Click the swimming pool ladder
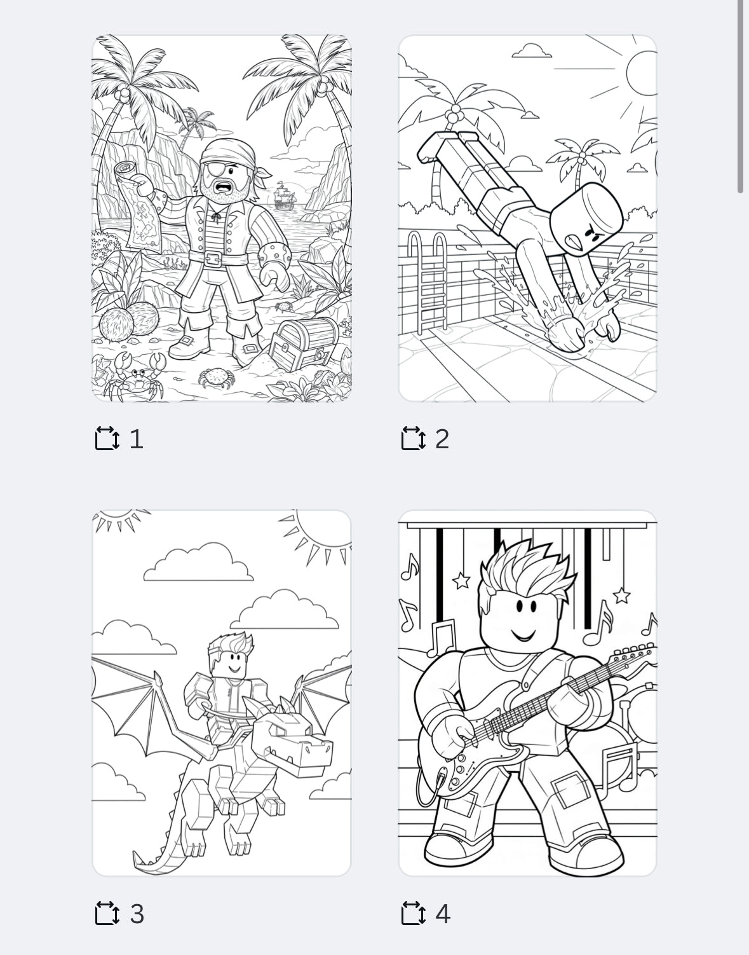pyautogui.click(x=427, y=280)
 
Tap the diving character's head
pyautogui.click(x=585, y=219)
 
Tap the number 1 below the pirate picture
pyautogui.click(x=136, y=439)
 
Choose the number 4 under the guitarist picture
pyautogui.click(x=443, y=914)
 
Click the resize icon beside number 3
pyautogui.click(x=107, y=914)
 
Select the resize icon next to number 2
pyautogui.click(x=414, y=439)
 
